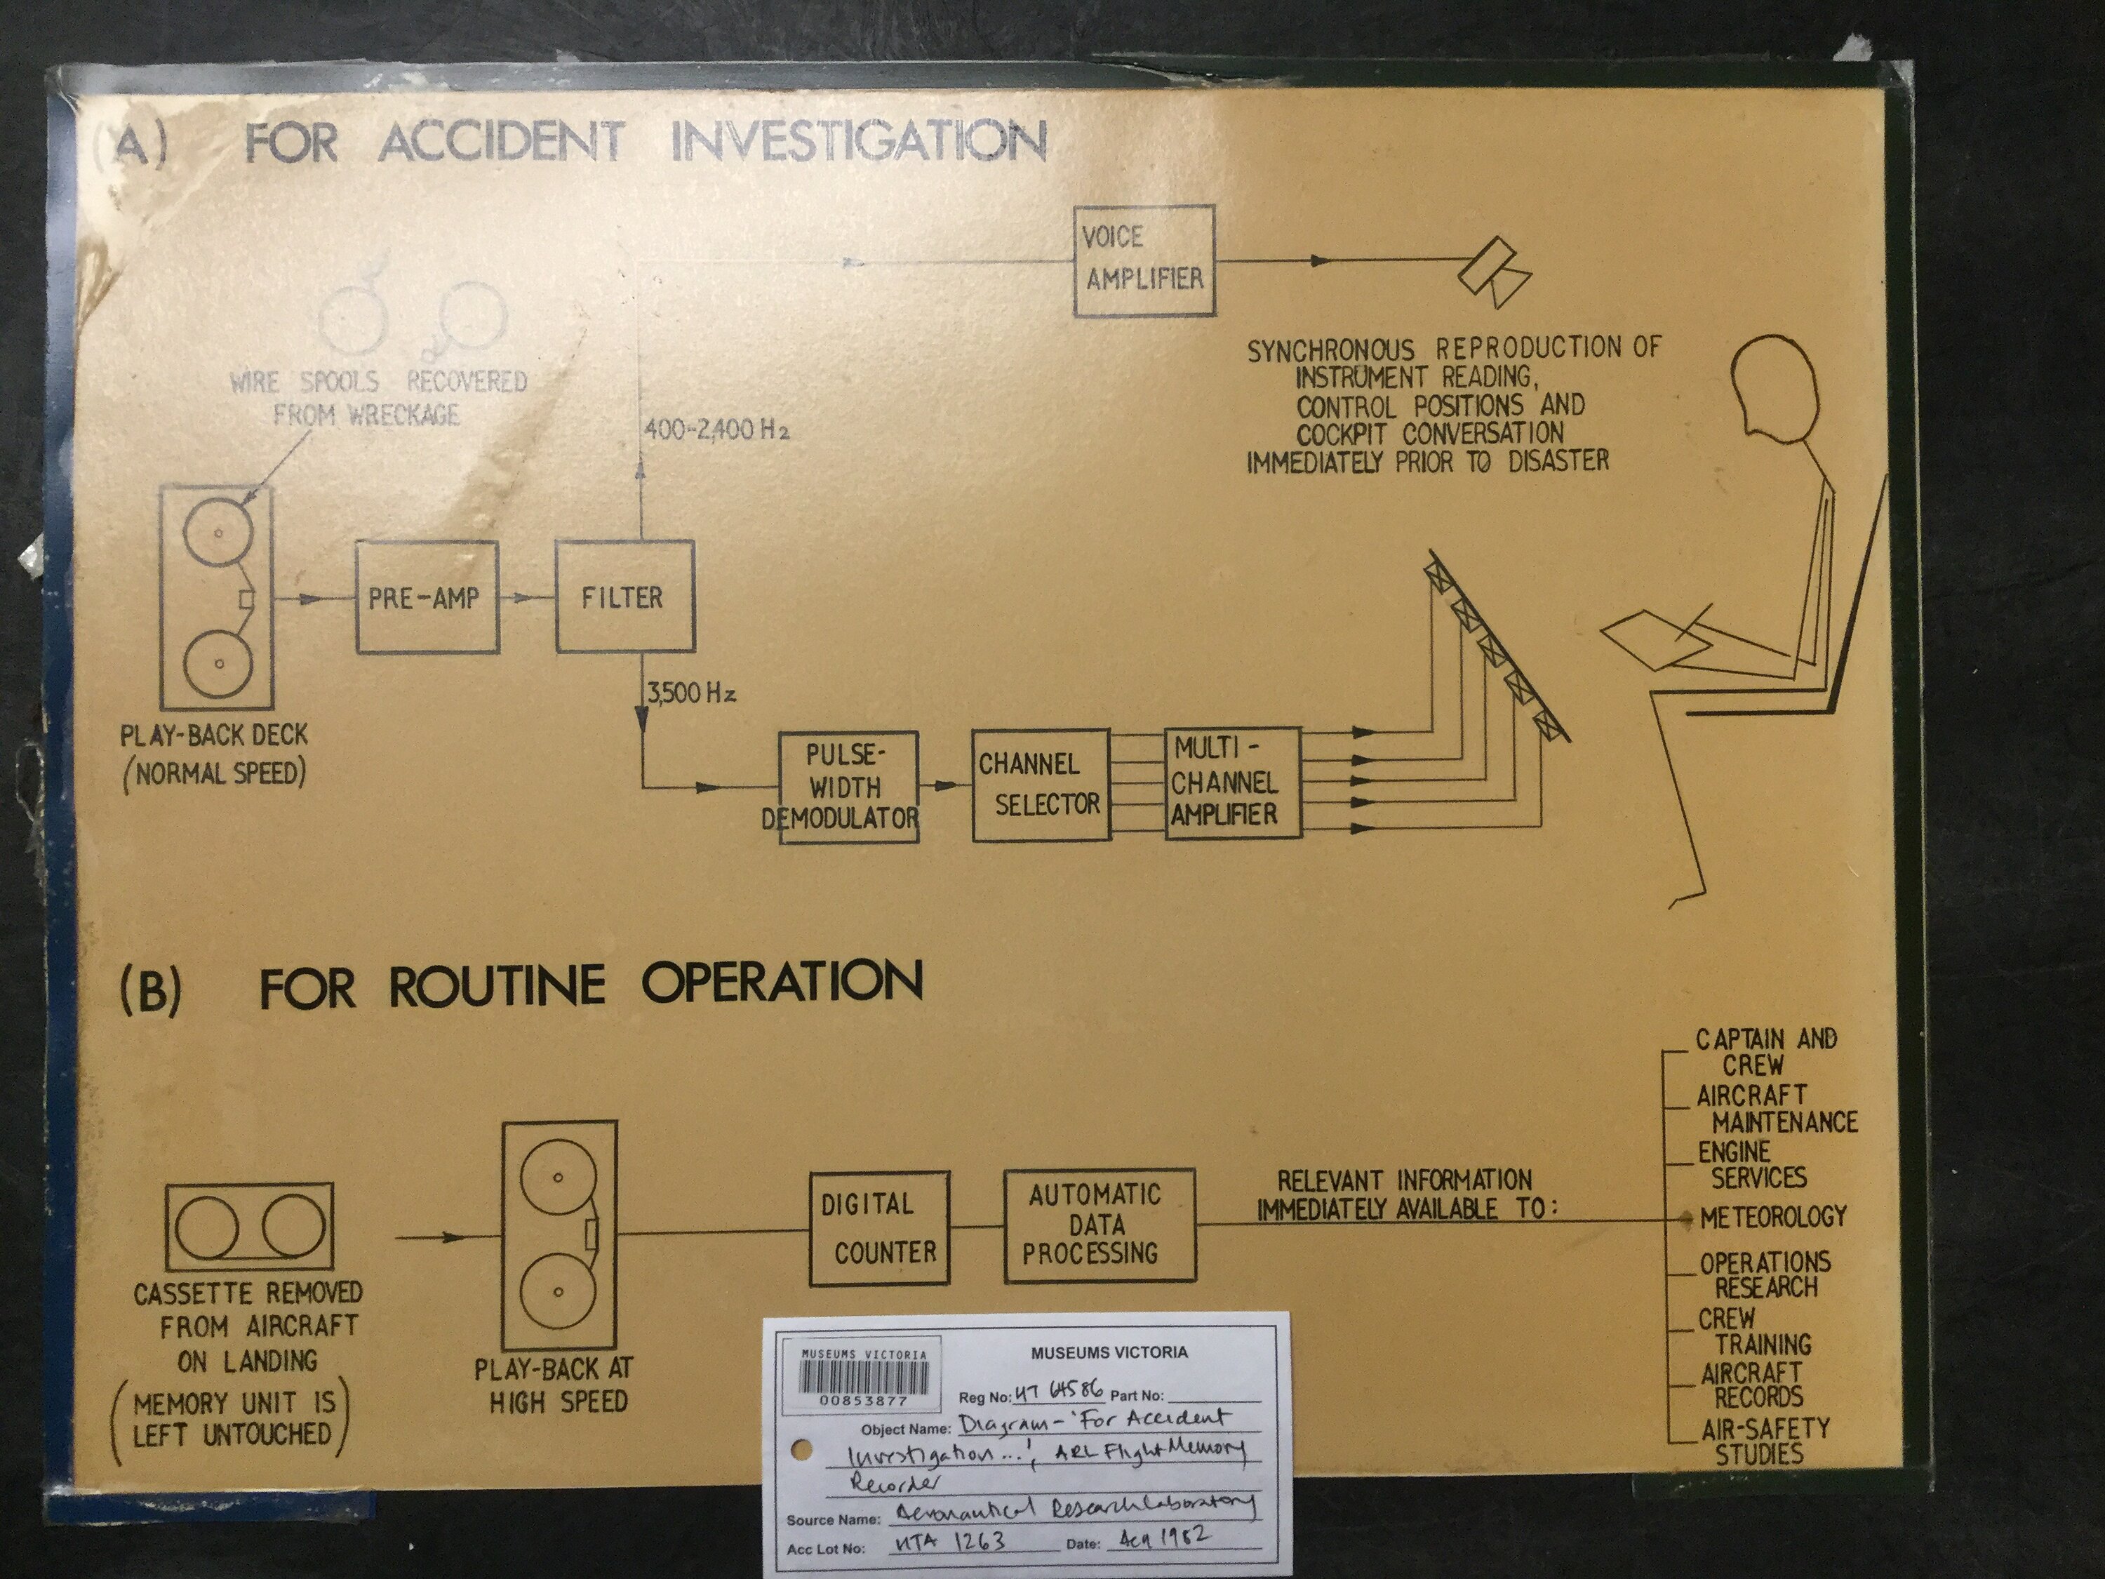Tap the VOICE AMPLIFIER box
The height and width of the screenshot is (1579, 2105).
coord(1144,260)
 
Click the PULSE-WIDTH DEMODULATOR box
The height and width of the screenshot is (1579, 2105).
coord(848,787)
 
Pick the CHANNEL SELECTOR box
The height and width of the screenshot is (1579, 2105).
coord(1041,785)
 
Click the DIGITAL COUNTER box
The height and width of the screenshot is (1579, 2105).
coord(879,1229)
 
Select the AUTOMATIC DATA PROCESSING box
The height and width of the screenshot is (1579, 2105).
coord(1099,1225)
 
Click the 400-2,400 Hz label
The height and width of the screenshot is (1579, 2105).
coord(716,430)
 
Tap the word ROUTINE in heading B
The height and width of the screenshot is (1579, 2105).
coord(497,985)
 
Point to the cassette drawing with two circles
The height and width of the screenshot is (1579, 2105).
coord(249,1227)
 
